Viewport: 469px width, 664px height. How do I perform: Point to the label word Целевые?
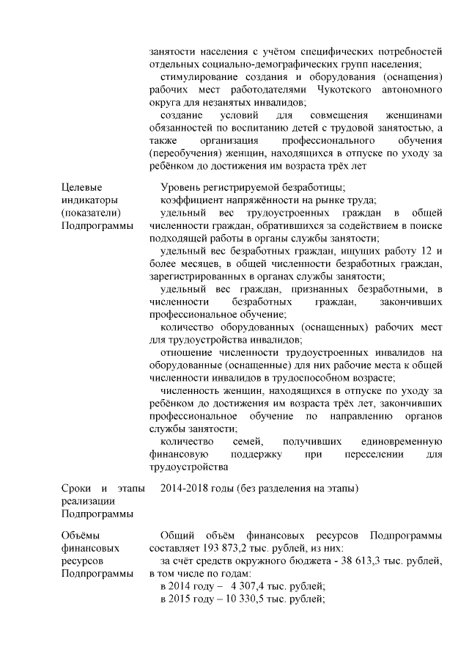81,187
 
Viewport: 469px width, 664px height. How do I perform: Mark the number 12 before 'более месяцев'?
437,251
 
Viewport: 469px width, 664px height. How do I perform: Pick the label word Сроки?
76,488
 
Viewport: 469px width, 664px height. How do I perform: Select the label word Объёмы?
81,534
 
